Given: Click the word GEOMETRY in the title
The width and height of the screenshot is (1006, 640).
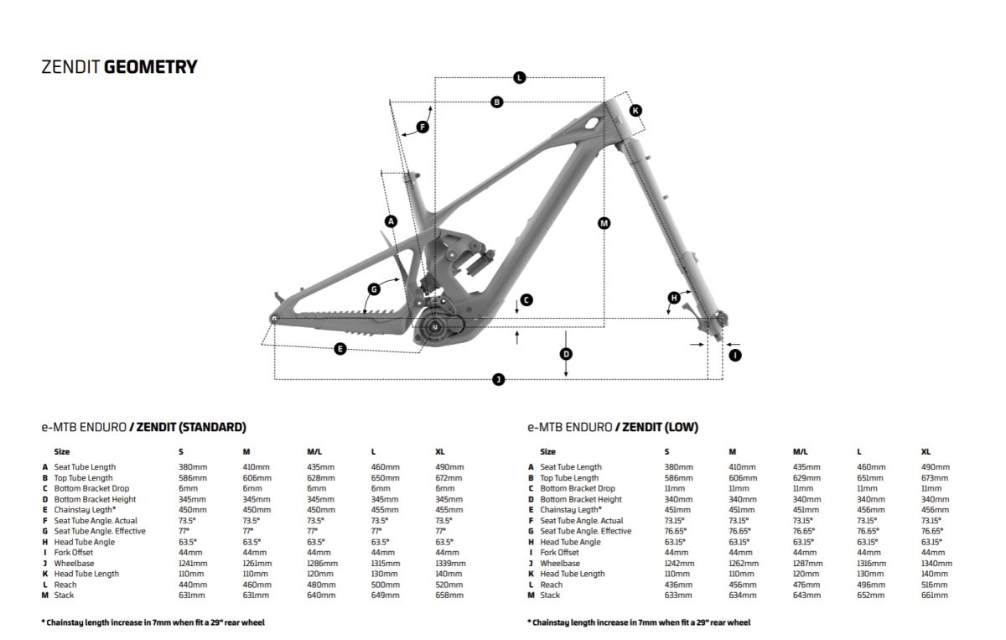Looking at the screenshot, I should click(x=151, y=67).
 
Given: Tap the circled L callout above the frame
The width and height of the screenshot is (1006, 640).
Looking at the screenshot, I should click(x=520, y=78).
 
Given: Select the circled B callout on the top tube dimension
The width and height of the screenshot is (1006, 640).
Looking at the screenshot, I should click(x=497, y=102).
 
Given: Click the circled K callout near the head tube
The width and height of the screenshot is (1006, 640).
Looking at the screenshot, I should click(x=635, y=111).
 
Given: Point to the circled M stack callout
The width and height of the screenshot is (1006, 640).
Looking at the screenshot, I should click(x=604, y=223).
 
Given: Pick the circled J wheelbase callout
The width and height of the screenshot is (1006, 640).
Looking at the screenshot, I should click(x=498, y=380).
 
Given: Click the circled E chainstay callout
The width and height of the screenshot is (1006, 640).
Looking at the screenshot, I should click(x=340, y=348).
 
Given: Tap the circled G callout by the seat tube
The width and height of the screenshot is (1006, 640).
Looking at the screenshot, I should click(x=374, y=289).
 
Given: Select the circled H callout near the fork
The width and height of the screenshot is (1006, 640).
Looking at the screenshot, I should click(x=673, y=298).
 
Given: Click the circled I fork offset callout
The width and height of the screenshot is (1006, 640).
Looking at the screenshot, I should click(x=735, y=355).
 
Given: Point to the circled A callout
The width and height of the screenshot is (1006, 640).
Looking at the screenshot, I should click(x=390, y=221).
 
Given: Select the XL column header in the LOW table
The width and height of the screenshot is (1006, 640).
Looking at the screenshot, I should click(x=926, y=451).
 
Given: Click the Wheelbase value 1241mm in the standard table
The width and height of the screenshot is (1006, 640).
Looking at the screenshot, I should click(x=193, y=564).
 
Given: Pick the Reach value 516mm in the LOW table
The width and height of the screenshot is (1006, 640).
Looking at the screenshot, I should click(x=934, y=585).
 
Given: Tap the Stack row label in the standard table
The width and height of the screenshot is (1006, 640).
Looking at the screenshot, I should click(x=64, y=595).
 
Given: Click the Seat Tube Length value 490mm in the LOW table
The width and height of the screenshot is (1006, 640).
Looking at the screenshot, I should click(x=935, y=467).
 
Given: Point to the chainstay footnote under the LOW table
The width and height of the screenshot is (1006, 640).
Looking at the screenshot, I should click(x=639, y=622).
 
